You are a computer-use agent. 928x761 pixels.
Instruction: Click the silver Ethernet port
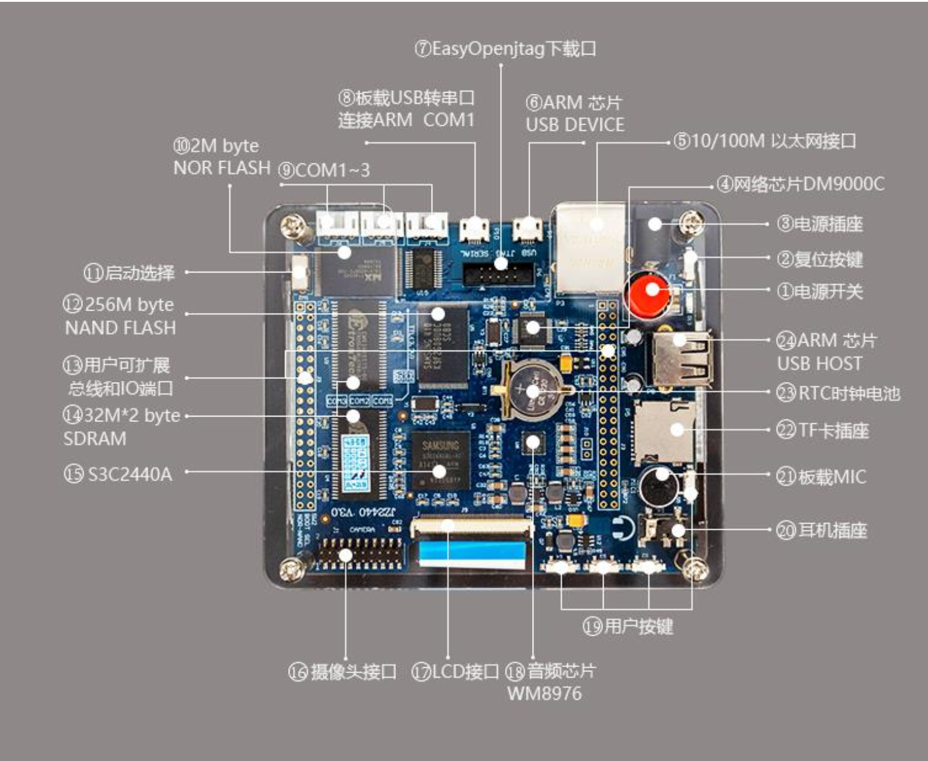[x=588, y=248]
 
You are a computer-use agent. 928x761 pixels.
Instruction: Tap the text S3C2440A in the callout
[x=130, y=473]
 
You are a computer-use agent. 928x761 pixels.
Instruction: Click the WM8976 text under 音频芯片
[x=544, y=693]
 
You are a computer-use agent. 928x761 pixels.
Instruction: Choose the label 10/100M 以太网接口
[x=773, y=141]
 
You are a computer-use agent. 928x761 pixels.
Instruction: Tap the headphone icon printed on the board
[x=622, y=529]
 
